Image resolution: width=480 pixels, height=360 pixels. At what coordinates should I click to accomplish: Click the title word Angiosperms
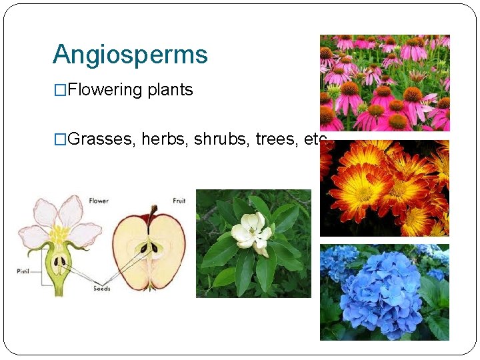coord(130,55)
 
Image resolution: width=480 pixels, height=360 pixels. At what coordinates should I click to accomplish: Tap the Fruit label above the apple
coord(178,200)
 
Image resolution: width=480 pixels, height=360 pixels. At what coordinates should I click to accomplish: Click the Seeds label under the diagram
coord(102,289)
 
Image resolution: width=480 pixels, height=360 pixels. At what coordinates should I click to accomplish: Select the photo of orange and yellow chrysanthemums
coord(385,188)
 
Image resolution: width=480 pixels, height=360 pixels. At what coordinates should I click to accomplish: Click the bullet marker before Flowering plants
coord(60,91)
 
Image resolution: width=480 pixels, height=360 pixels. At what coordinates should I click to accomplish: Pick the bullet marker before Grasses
coord(60,140)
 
